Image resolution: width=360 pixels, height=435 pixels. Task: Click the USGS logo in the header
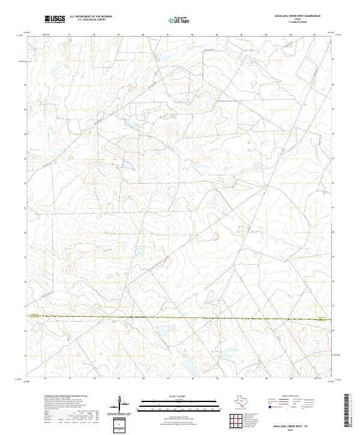click(55, 19)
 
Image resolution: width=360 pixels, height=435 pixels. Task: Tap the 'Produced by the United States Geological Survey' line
click(63, 397)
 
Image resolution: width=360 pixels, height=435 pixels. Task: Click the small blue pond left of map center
click(127, 163)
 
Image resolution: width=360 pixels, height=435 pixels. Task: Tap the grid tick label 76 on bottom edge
click(46, 380)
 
